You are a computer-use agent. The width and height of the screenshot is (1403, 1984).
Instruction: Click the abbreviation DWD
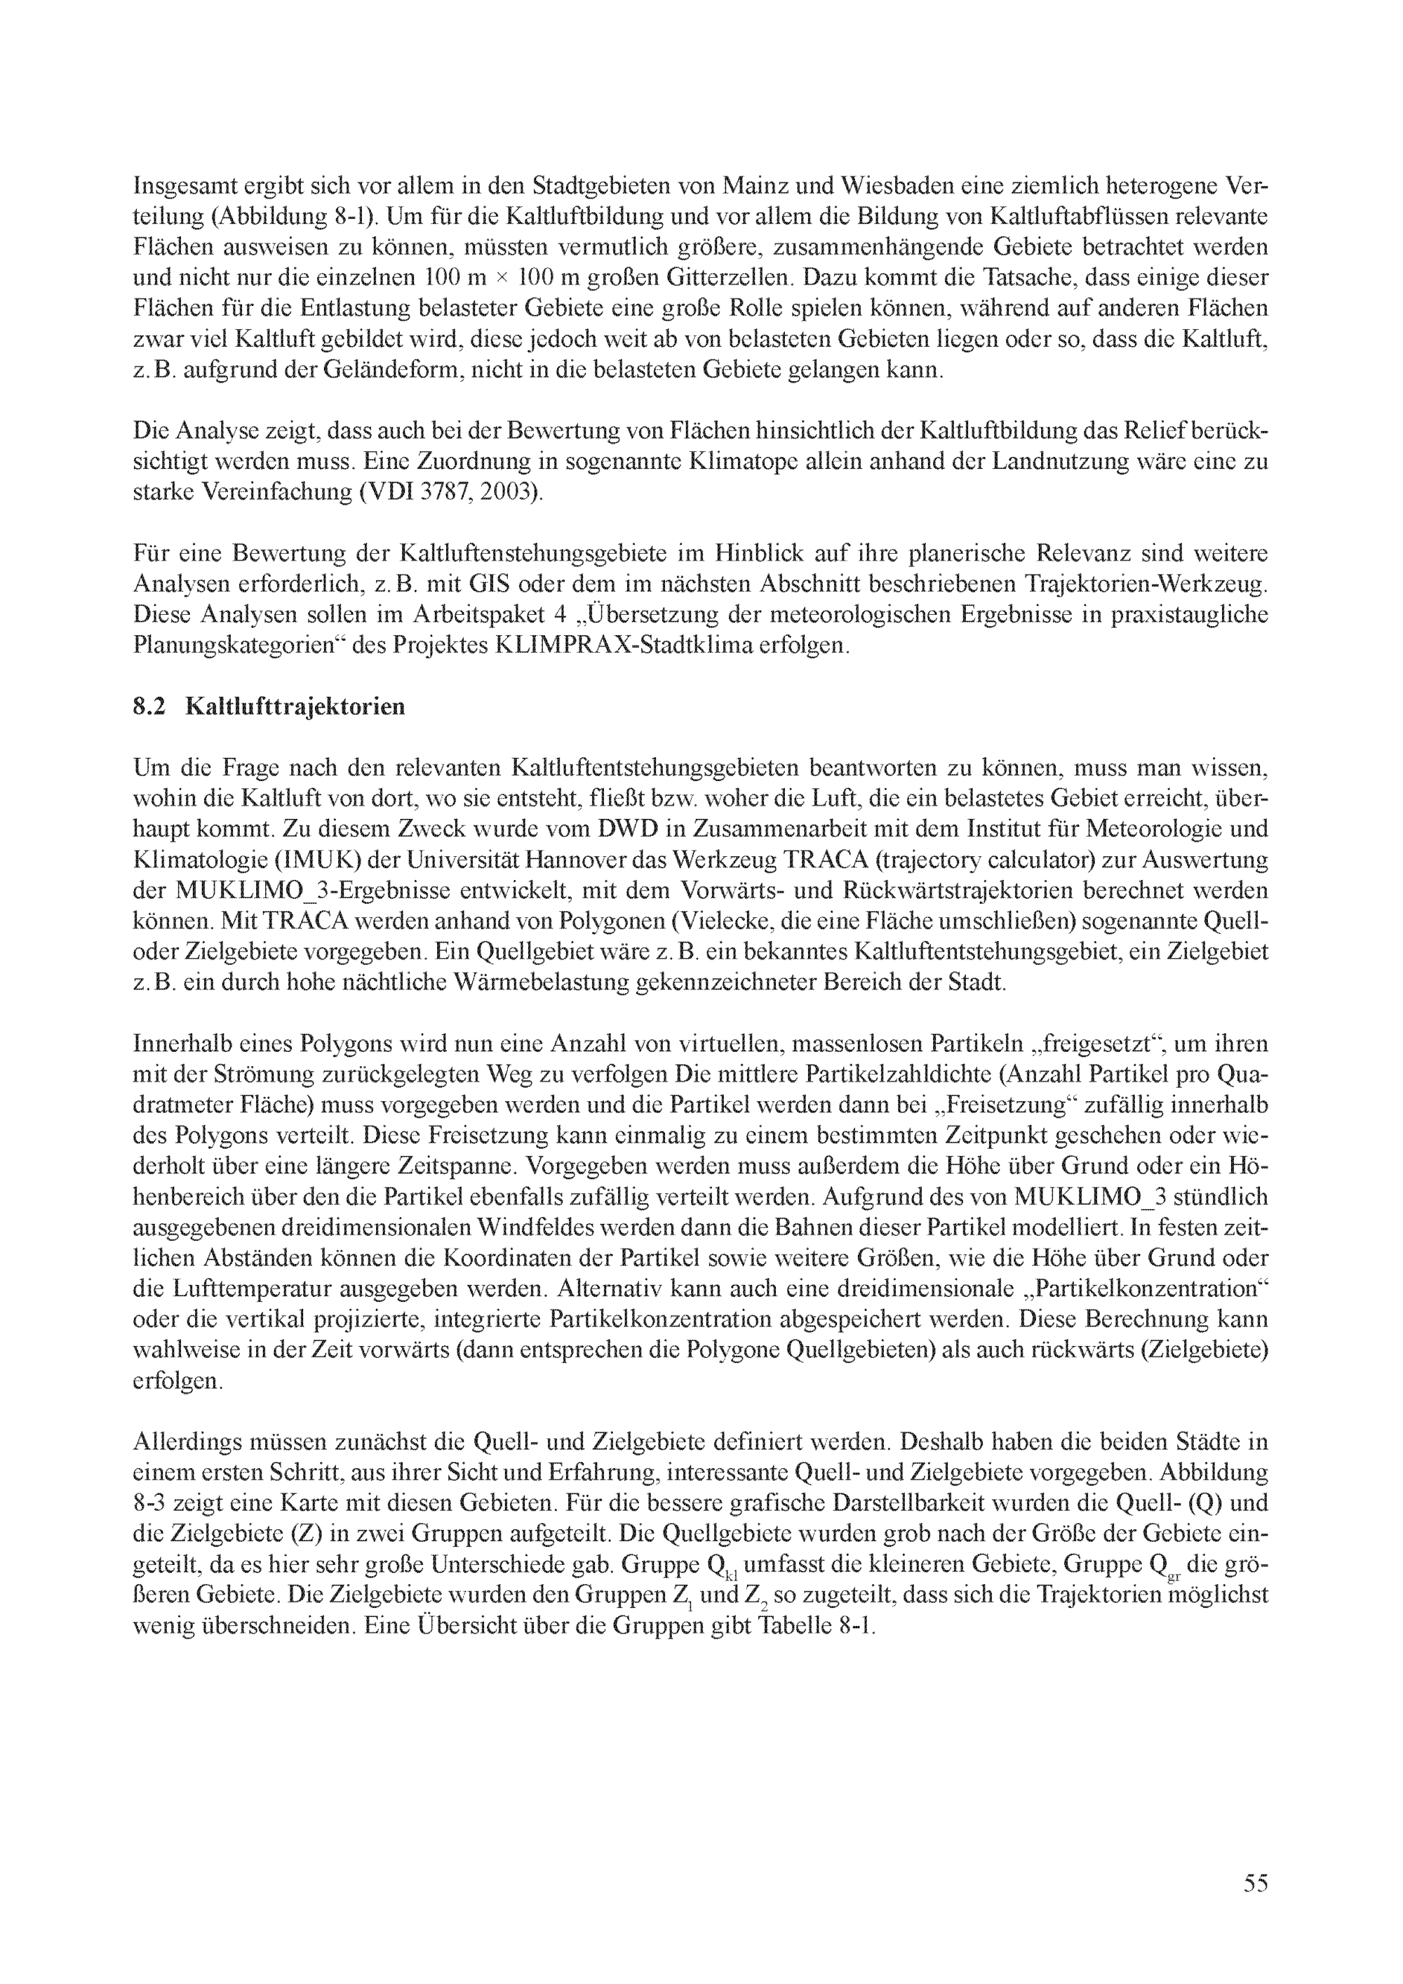tap(619, 829)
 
